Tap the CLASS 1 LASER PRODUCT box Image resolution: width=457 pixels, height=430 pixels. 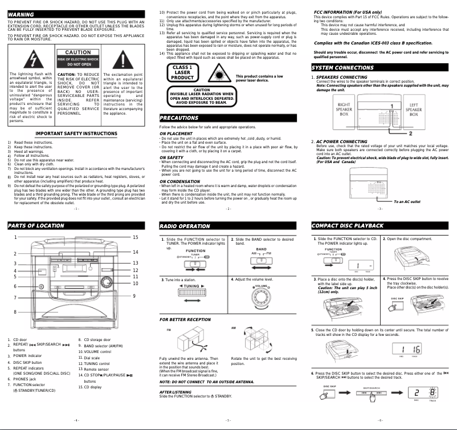point(182,74)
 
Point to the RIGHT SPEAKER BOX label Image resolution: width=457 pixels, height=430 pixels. point(344,109)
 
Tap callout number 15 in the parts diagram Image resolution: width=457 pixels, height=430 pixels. point(135,237)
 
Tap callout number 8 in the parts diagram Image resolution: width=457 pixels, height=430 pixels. point(15,312)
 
